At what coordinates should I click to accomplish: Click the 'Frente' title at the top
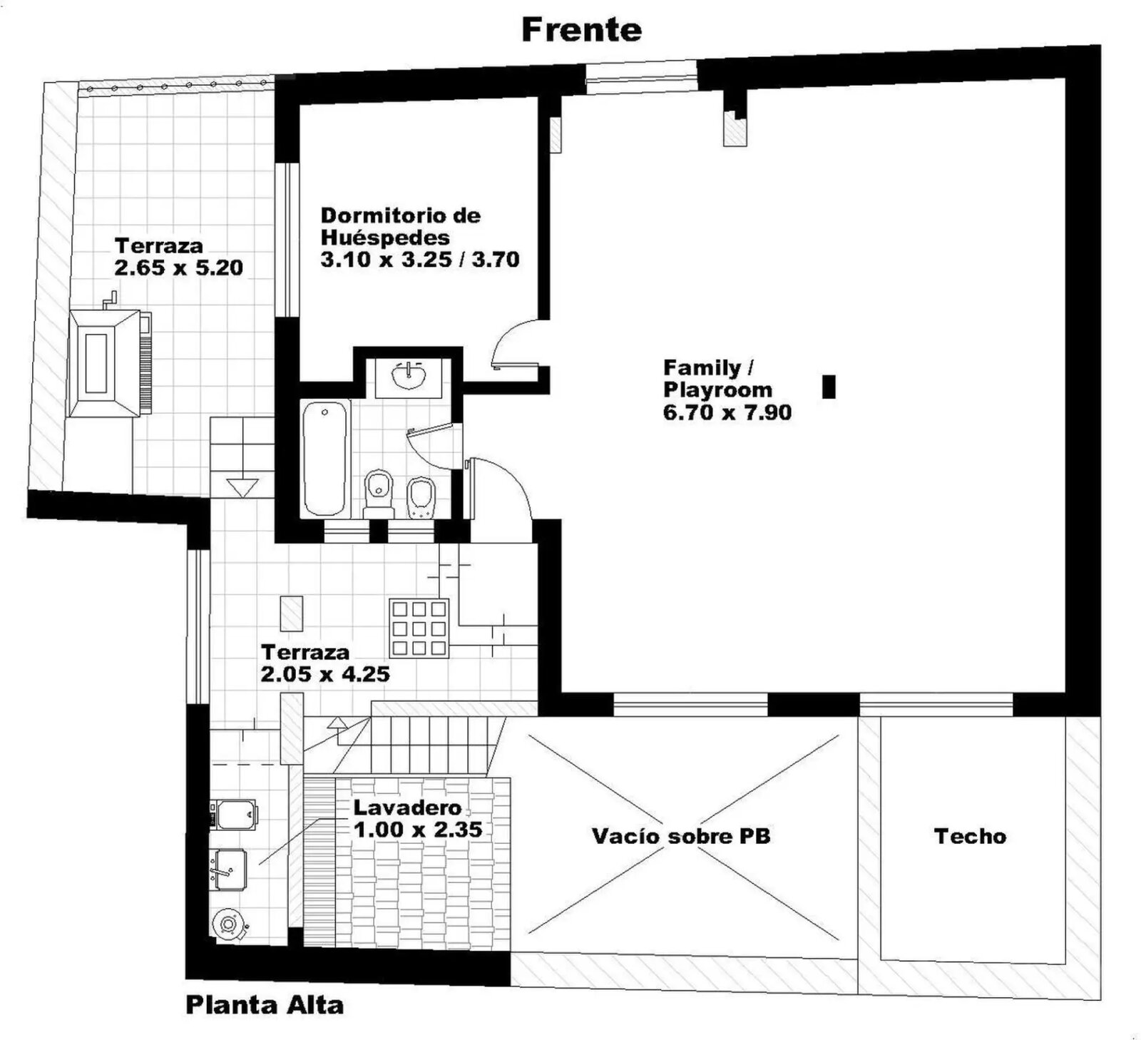pos(581,30)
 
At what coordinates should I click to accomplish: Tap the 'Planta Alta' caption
pos(265,1005)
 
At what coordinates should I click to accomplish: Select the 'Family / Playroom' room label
pos(717,379)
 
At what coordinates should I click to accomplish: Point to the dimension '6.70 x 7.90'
pos(727,412)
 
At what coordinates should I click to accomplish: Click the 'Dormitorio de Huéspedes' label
pos(400,226)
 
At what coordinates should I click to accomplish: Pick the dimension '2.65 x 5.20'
pos(179,268)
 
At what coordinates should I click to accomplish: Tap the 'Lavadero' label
pos(408,807)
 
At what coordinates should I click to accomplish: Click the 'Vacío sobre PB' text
pos(681,836)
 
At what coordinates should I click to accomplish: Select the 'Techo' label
pos(970,836)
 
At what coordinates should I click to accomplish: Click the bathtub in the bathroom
pos(325,458)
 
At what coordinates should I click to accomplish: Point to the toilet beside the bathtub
pos(379,494)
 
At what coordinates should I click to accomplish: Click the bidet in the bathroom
pos(421,496)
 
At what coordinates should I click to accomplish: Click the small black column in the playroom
pos(829,387)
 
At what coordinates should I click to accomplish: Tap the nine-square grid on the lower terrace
pos(419,628)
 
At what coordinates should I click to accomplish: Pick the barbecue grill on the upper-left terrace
pos(110,362)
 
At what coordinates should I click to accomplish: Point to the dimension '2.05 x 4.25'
pos(325,674)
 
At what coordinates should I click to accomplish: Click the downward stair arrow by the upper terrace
pos(242,488)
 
